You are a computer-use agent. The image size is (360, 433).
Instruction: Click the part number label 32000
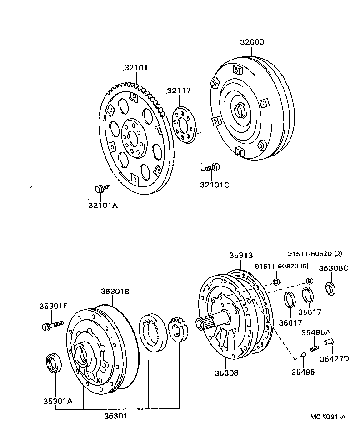(x=252, y=42)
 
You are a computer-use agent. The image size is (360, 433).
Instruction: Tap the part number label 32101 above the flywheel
(x=137, y=68)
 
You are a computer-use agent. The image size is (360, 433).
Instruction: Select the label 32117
(x=178, y=91)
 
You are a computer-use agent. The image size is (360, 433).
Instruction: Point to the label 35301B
(x=115, y=292)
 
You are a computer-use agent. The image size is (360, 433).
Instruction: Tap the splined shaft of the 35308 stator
(x=205, y=322)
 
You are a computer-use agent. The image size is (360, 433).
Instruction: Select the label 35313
(x=240, y=256)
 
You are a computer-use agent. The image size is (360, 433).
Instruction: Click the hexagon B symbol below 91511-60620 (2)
(x=310, y=280)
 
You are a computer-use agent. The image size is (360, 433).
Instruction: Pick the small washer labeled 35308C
(x=330, y=288)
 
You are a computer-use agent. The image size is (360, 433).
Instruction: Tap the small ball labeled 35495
(x=302, y=355)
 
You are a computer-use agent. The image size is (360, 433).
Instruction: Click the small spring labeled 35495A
(x=313, y=347)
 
